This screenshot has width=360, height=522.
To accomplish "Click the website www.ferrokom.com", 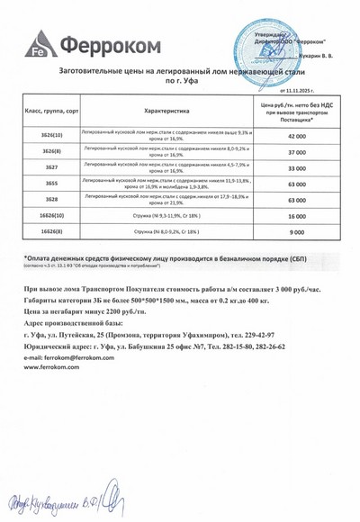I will (57, 367).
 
